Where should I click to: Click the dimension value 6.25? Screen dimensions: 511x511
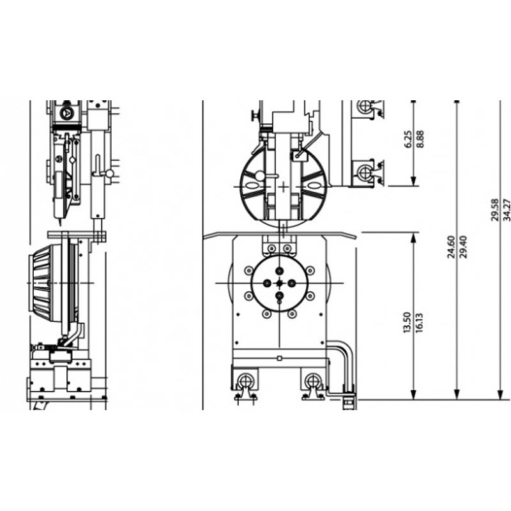(x=408, y=139)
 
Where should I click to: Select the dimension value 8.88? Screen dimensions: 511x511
(x=420, y=139)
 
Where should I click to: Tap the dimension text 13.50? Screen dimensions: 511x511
(x=408, y=323)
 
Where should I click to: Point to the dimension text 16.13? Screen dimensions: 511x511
(x=420, y=323)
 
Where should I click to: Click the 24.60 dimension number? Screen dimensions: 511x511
(x=451, y=247)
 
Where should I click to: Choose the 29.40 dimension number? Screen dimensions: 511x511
(x=464, y=247)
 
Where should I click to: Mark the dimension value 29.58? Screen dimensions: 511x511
(x=494, y=210)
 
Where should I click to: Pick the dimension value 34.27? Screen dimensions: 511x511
(x=507, y=210)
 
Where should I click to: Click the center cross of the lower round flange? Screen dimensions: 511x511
(x=279, y=283)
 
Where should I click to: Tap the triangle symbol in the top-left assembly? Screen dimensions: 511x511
(x=67, y=113)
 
